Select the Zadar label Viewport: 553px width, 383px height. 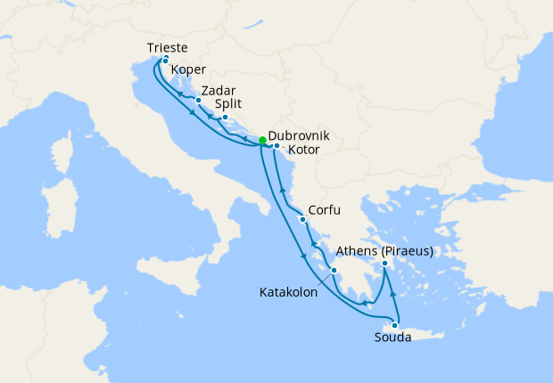point(219,91)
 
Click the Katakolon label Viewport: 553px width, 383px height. point(288,291)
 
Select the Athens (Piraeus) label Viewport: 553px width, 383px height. point(385,251)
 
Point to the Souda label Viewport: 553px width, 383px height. point(393,338)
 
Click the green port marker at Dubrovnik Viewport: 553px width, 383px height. point(262,141)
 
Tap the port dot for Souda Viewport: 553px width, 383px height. point(394,325)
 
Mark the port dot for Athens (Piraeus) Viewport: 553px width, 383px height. point(384,264)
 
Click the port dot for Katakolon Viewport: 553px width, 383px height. point(334,270)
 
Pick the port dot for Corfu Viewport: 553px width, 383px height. point(304,219)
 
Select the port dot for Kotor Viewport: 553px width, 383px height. point(276,145)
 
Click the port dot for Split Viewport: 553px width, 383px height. point(225,118)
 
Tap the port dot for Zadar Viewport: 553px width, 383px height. point(198,101)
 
